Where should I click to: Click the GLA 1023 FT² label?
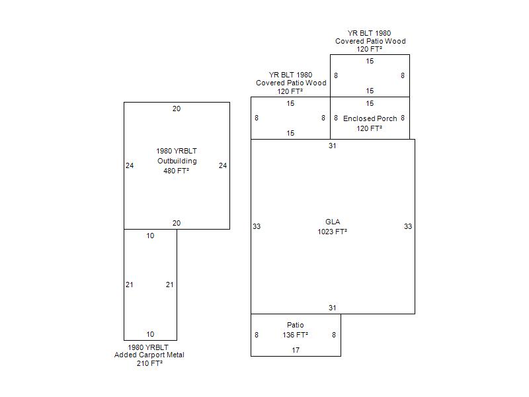(332, 227)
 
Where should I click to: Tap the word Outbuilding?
(177, 161)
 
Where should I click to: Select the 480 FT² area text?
(177, 171)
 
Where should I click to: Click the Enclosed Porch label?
(370, 118)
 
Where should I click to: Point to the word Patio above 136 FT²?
(296, 325)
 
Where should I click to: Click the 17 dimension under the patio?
(296, 350)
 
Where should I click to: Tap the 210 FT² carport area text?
(149, 363)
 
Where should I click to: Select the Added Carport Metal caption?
(149, 355)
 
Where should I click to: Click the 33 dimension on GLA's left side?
(257, 226)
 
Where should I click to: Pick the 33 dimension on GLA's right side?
(408, 226)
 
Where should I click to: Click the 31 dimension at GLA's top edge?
(333, 146)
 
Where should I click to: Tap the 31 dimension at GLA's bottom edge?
(333, 308)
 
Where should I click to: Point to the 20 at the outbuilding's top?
(177, 109)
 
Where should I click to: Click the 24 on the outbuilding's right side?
(223, 165)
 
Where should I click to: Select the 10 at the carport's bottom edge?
(150, 334)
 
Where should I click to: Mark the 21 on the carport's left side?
(130, 285)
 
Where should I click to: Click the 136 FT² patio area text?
(296, 335)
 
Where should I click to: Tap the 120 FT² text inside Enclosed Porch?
(370, 128)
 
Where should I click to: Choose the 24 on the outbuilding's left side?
(130, 165)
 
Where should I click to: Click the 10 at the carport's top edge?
(150, 236)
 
